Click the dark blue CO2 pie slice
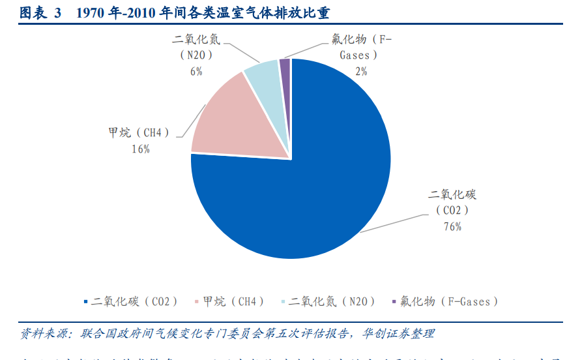(313, 189)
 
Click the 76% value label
(452, 226)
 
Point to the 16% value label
(141, 149)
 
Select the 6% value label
(196, 71)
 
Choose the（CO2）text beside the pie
(452, 211)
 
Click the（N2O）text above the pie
(196, 55)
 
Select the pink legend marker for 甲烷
(197, 301)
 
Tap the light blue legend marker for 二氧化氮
(282, 301)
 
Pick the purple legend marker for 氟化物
(394, 301)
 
